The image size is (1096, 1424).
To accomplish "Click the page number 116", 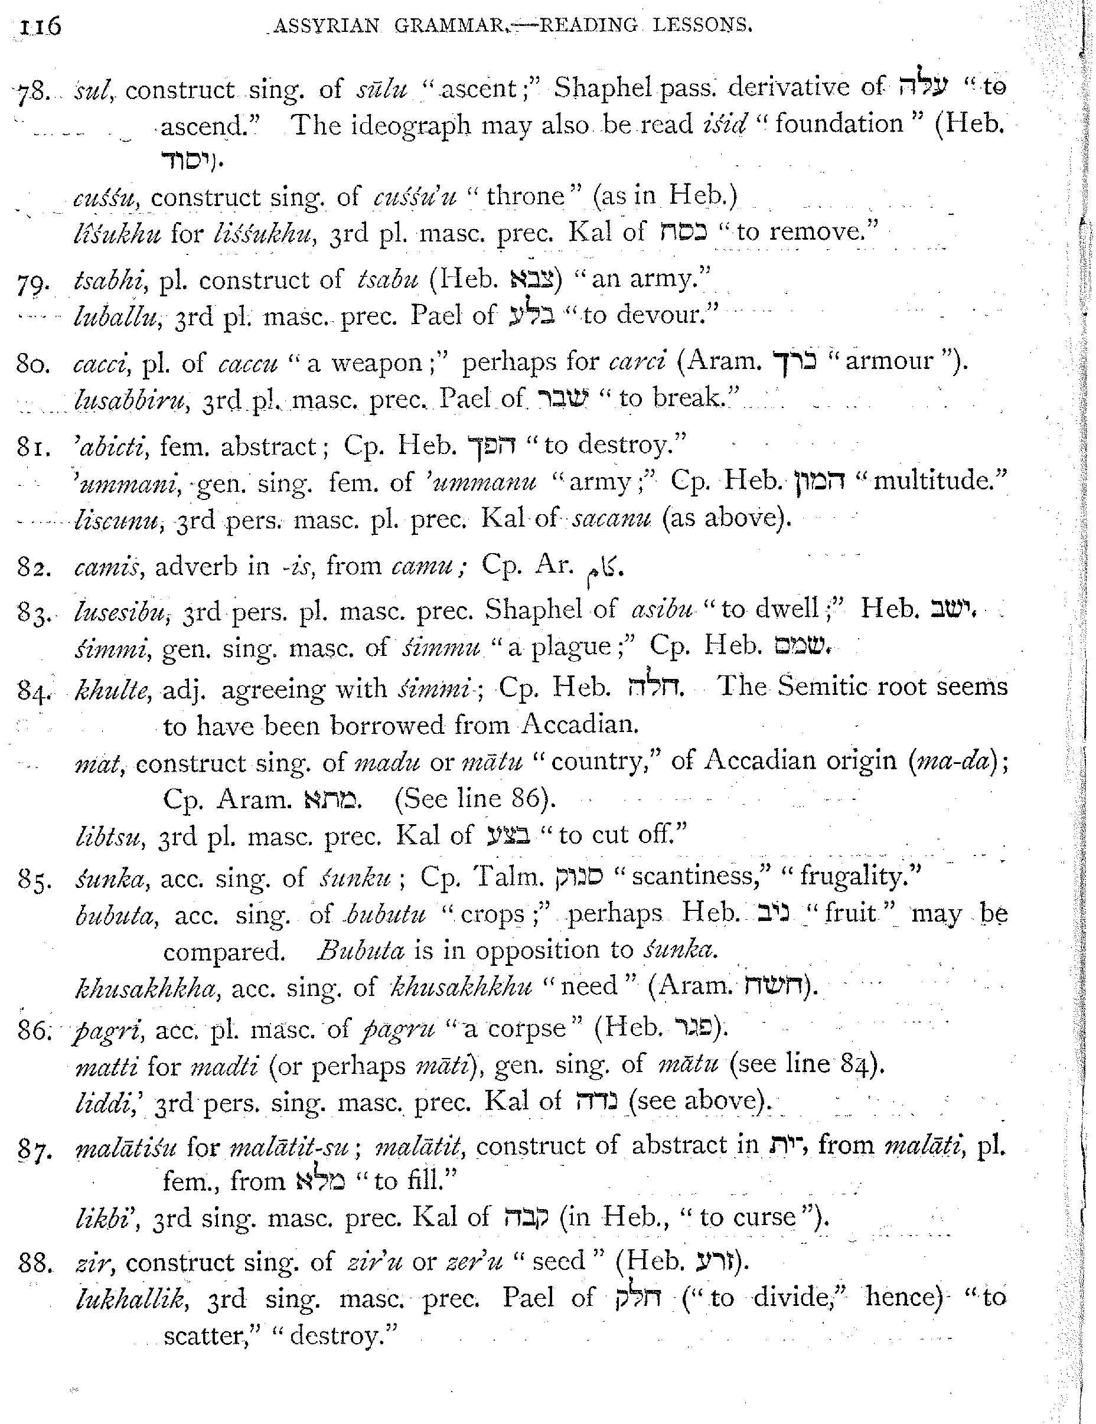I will coord(40,27).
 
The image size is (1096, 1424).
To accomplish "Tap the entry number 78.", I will coord(32,92).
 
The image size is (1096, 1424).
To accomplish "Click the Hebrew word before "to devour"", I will coord(532,316).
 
